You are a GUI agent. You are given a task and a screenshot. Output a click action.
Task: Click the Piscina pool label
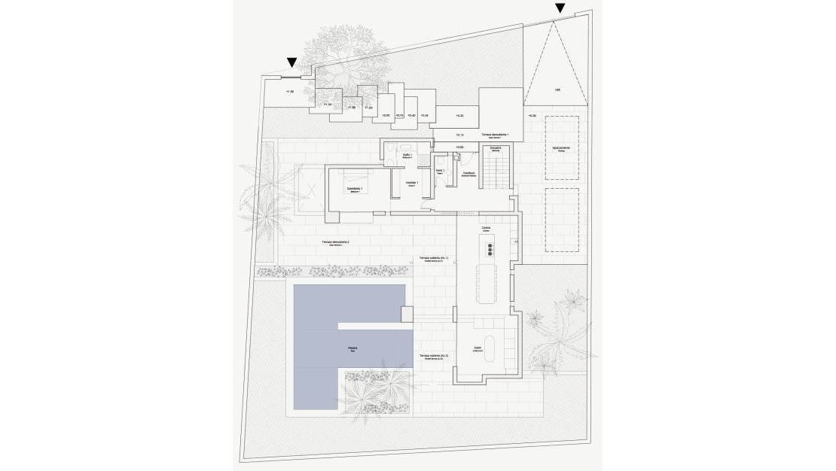[x=352, y=348]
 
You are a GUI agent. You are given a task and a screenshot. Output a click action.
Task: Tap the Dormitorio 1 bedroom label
[x=355, y=189]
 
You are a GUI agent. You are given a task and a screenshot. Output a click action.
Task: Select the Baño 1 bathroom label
[x=407, y=155]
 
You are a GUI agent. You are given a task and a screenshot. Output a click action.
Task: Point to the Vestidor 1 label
[x=411, y=183]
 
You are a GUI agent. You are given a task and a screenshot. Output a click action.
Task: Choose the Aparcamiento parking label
[x=561, y=148]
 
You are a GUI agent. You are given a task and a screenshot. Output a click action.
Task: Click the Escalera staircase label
[x=496, y=148]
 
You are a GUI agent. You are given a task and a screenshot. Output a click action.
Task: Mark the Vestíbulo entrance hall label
[x=468, y=174]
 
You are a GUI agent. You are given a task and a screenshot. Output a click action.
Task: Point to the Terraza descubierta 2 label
[x=335, y=243]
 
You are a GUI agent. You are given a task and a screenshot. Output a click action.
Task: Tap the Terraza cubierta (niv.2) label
[x=434, y=355]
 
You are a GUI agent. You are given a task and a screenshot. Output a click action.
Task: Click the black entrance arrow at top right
[x=560, y=8]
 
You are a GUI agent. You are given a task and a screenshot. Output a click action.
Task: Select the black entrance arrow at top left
[x=291, y=63]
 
